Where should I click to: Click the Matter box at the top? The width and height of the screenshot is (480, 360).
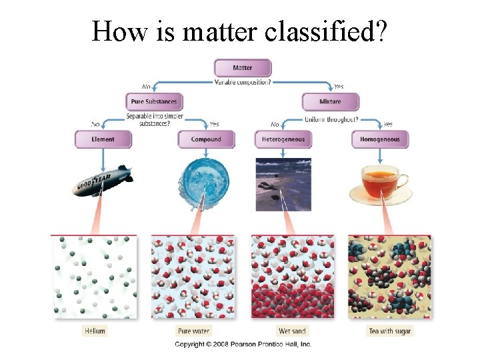243,68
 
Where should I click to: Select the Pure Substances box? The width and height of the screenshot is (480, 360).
154,102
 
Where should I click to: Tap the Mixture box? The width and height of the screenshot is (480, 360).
330,102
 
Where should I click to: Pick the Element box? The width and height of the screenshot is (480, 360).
103,139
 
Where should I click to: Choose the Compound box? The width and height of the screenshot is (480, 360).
206,139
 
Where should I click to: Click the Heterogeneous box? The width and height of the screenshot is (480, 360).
283,139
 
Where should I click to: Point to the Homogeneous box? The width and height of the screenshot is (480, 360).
380,139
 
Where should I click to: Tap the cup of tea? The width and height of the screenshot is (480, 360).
381,183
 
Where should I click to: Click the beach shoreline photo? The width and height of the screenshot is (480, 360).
283,184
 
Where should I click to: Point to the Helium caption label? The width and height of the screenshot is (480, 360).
95,331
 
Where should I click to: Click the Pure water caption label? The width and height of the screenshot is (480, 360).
193,331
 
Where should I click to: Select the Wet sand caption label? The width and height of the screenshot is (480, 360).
293,331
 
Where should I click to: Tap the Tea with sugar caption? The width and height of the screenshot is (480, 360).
390,331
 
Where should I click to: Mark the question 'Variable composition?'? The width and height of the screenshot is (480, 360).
243,83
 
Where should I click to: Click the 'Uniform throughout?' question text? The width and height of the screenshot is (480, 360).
331,119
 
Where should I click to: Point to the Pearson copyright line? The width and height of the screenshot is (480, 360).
243,344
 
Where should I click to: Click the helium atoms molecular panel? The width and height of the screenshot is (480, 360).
94,277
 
